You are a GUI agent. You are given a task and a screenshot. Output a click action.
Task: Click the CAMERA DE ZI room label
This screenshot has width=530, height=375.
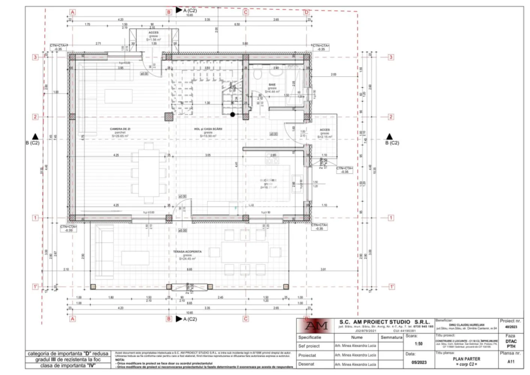tap(120, 129)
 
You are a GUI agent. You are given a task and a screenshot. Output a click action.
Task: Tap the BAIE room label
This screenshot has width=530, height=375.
tap(272, 85)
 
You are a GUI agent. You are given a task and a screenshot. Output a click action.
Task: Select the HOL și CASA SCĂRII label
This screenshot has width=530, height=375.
tap(208, 129)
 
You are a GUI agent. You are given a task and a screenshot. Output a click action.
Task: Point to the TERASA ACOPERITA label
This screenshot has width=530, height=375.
tap(187, 252)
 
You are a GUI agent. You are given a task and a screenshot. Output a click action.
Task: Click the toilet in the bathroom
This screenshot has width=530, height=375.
tap(258, 75)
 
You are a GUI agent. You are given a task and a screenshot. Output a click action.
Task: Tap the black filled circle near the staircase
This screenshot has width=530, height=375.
tap(233, 114)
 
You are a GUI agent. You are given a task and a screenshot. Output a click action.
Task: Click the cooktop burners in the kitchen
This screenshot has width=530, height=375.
tap(272, 158)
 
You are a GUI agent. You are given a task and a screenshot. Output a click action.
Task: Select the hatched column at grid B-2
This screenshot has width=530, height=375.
tap(169, 117)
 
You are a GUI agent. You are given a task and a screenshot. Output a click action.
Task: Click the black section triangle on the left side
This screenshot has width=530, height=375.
tap(35, 136)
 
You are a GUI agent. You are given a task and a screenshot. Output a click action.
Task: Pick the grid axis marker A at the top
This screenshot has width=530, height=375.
tap(72, 12)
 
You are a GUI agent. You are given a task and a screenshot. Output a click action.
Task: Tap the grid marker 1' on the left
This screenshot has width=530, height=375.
tap(35, 287)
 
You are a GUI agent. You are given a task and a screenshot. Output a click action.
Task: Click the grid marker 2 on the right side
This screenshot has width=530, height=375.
tap(391, 117)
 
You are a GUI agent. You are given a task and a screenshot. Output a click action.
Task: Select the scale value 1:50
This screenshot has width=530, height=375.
tap(419, 344)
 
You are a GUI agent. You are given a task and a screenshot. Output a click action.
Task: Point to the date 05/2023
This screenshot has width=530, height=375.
tap(419, 362)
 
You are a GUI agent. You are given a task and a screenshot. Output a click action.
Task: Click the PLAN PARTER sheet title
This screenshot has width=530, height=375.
tap(466, 359)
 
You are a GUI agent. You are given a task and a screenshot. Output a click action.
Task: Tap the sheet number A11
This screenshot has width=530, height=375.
tap(511, 361)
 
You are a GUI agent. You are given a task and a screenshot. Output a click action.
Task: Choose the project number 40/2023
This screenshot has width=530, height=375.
tap(511, 327)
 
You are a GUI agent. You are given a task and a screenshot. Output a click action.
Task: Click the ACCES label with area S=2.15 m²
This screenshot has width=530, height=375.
tap(325, 130)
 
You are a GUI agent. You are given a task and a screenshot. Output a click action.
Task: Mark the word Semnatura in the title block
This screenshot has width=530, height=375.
tap(391, 337)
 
